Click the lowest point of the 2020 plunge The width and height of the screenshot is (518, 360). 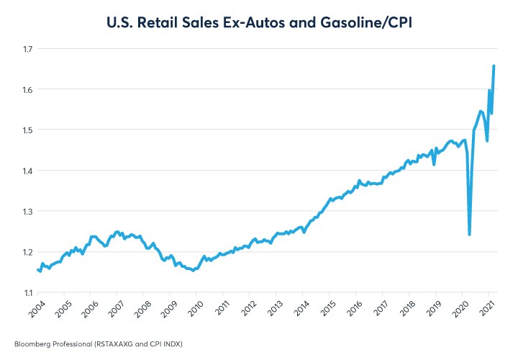(469, 234)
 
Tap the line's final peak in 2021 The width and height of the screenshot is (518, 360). (494, 66)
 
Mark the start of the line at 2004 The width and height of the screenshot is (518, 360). (37, 270)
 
